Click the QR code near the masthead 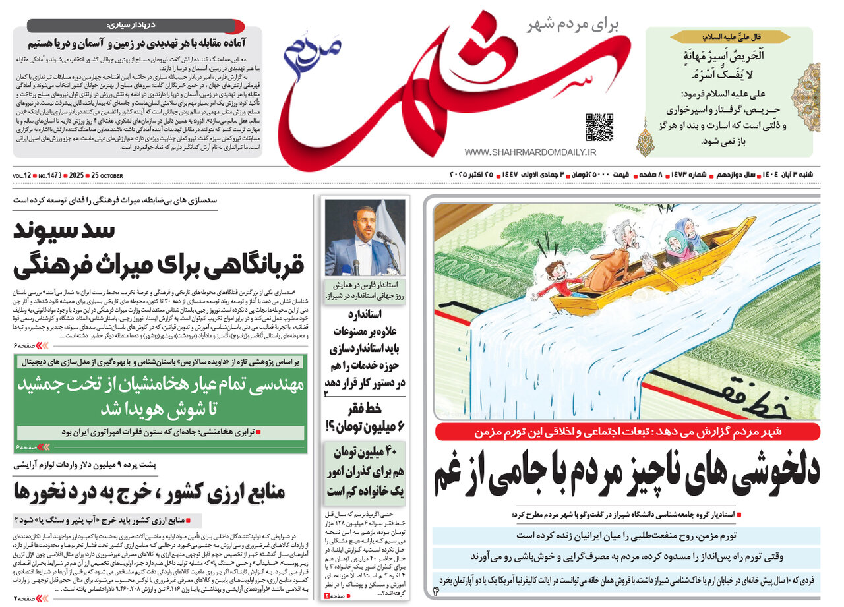[599, 127]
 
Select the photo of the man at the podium [365, 237]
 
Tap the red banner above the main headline [627, 432]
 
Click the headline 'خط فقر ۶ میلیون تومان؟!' [364, 417]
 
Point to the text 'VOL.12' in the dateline [22, 176]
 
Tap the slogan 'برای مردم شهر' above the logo [574, 26]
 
